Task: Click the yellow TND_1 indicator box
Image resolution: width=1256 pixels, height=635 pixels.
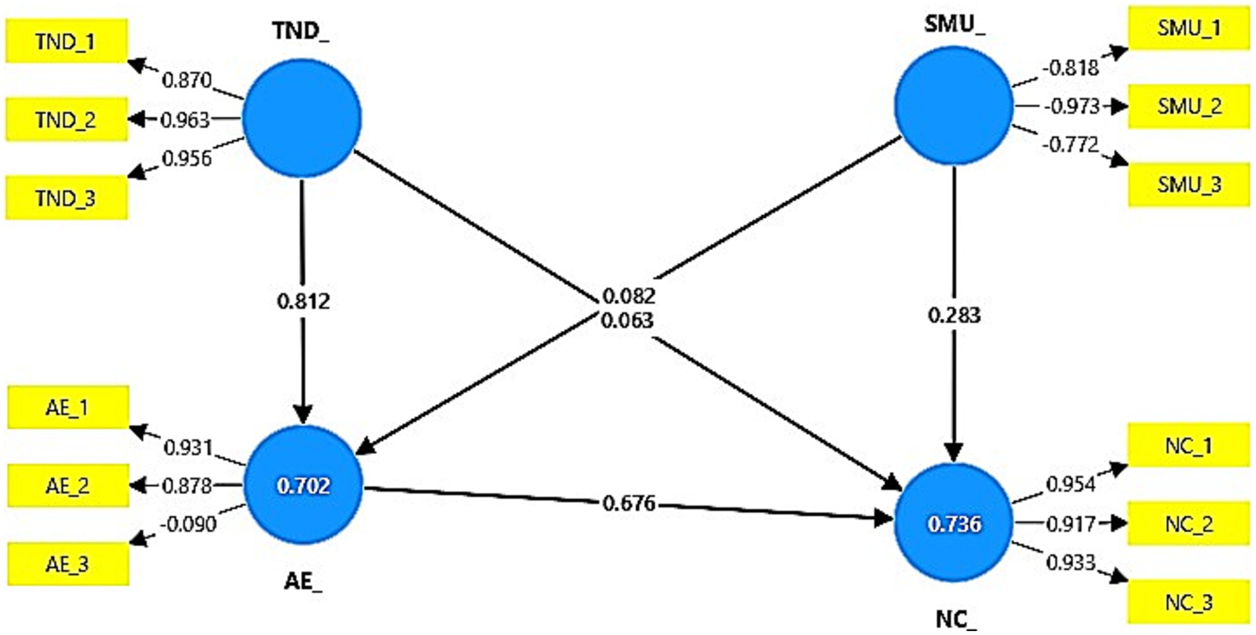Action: (x=66, y=42)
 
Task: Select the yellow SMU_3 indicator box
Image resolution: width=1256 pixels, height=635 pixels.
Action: (x=1189, y=184)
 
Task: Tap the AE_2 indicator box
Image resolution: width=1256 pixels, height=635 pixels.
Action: (x=67, y=486)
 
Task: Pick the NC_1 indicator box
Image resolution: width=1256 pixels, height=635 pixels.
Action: (x=1189, y=445)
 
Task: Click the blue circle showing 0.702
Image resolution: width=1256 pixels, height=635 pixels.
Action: (x=303, y=486)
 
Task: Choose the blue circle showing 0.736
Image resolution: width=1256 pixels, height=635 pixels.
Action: (x=954, y=523)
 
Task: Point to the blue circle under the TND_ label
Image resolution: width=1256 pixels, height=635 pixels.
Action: (x=302, y=118)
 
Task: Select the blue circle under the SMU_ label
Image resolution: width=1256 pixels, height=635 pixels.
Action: (x=954, y=106)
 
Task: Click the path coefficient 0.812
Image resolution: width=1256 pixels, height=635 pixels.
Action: (x=303, y=301)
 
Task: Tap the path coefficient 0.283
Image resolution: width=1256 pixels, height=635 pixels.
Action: (x=954, y=315)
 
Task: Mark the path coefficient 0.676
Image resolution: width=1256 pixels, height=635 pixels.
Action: (x=629, y=504)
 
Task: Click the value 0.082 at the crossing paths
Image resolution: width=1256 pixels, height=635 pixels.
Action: (x=629, y=295)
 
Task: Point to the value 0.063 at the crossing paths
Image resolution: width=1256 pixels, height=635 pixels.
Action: (x=627, y=320)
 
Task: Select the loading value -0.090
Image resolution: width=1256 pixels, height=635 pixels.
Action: (x=188, y=524)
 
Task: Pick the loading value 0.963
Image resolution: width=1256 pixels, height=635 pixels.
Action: (x=185, y=120)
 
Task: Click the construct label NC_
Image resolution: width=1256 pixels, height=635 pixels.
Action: (x=955, y=619)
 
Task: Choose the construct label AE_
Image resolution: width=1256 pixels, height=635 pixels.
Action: (x=303, y=581)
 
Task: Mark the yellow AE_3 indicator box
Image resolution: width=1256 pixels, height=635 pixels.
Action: (x=67, y=564)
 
